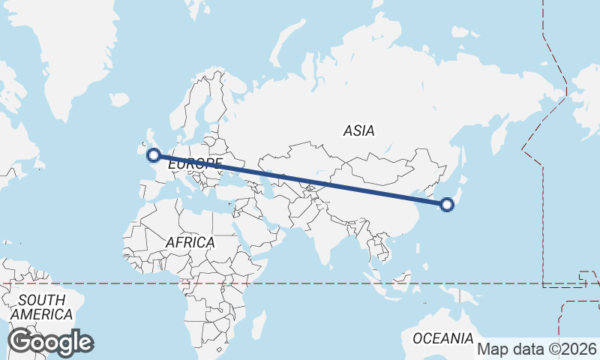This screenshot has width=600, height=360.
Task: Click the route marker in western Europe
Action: coord(154,155)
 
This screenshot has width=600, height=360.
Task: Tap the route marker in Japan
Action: coord(447,204)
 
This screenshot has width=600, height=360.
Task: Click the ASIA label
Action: coord(358,130)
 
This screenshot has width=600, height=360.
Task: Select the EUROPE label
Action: coord(195,163)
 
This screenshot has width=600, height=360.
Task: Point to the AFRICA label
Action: coord(190,243)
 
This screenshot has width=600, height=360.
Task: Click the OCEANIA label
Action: coord(443,338)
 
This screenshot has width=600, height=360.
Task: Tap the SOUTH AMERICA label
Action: coord(42,307)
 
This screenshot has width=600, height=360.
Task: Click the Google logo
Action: coord(50,342)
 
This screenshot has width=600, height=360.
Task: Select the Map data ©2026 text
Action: coord(537,349)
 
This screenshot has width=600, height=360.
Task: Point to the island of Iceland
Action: coord(118,99)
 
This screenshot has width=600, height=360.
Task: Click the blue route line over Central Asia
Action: coord(300,179)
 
